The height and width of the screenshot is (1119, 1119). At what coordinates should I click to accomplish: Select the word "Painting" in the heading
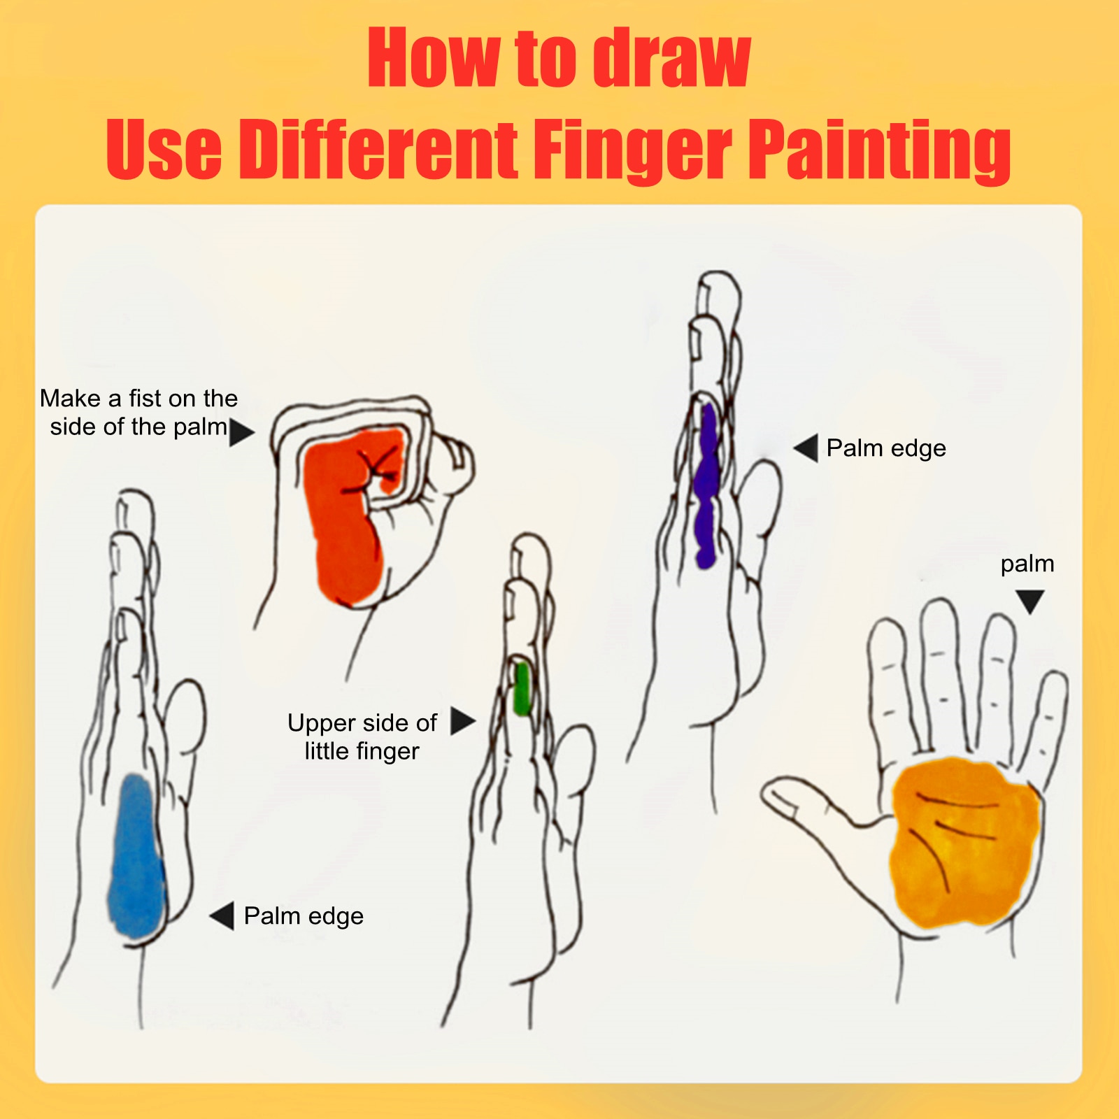point(880,150)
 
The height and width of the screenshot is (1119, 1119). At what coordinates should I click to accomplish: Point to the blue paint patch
point(136,856)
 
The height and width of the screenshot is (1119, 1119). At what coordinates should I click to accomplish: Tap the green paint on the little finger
point(521,689)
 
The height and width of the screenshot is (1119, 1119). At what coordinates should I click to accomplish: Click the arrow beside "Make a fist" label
point(241,432)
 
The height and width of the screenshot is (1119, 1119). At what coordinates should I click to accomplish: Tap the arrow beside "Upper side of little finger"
point(462,721)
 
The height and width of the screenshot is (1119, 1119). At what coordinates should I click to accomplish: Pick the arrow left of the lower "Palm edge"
point(222,916)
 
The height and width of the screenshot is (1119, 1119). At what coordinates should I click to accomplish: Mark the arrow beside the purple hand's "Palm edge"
point(806,448)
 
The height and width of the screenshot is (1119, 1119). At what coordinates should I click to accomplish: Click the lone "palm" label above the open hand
point(1027,564)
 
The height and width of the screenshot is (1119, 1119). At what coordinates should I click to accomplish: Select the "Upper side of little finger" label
point(362,736)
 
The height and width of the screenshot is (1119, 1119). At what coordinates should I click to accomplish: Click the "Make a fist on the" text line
point(138,399)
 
